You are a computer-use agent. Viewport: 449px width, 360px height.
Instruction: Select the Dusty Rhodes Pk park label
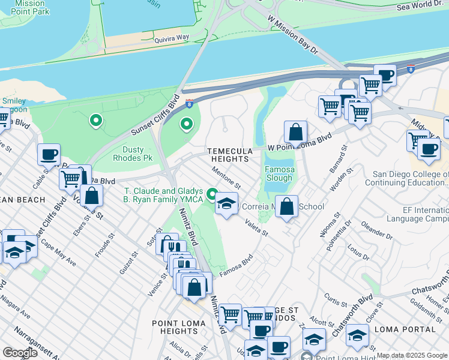pos(133,153)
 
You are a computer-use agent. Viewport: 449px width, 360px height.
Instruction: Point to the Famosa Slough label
pos(279,173)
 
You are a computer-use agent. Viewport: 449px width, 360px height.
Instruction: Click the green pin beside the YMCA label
pos(212,194)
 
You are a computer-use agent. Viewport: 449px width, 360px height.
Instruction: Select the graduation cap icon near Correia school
pos(226,204)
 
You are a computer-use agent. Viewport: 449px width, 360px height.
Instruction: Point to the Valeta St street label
pos(256,227)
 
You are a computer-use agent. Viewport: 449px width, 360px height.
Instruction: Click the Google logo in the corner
pos(20,352)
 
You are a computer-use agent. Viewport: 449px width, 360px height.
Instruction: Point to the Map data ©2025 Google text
pos(412,355)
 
